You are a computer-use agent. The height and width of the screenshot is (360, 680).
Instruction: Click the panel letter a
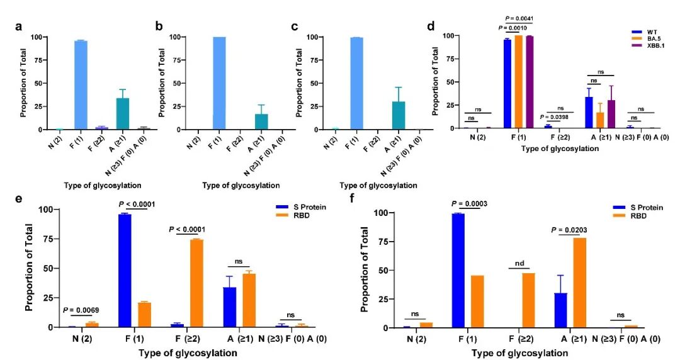tap(20, 27)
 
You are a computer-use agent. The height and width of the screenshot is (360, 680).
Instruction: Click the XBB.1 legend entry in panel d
tap(653, 46)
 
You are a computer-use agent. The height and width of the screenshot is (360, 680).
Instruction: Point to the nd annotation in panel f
tap(519, 264)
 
